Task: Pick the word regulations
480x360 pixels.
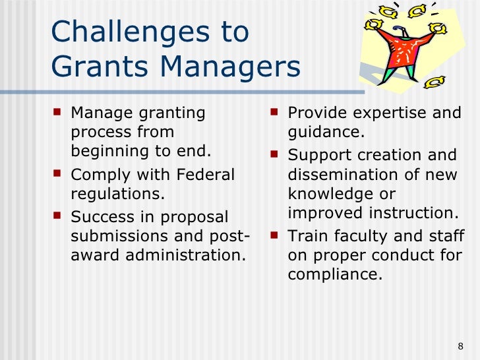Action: [x=117, y=195]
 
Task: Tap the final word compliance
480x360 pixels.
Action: [x=334, y=274]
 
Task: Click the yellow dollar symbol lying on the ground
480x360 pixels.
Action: [x=433, y=82]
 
